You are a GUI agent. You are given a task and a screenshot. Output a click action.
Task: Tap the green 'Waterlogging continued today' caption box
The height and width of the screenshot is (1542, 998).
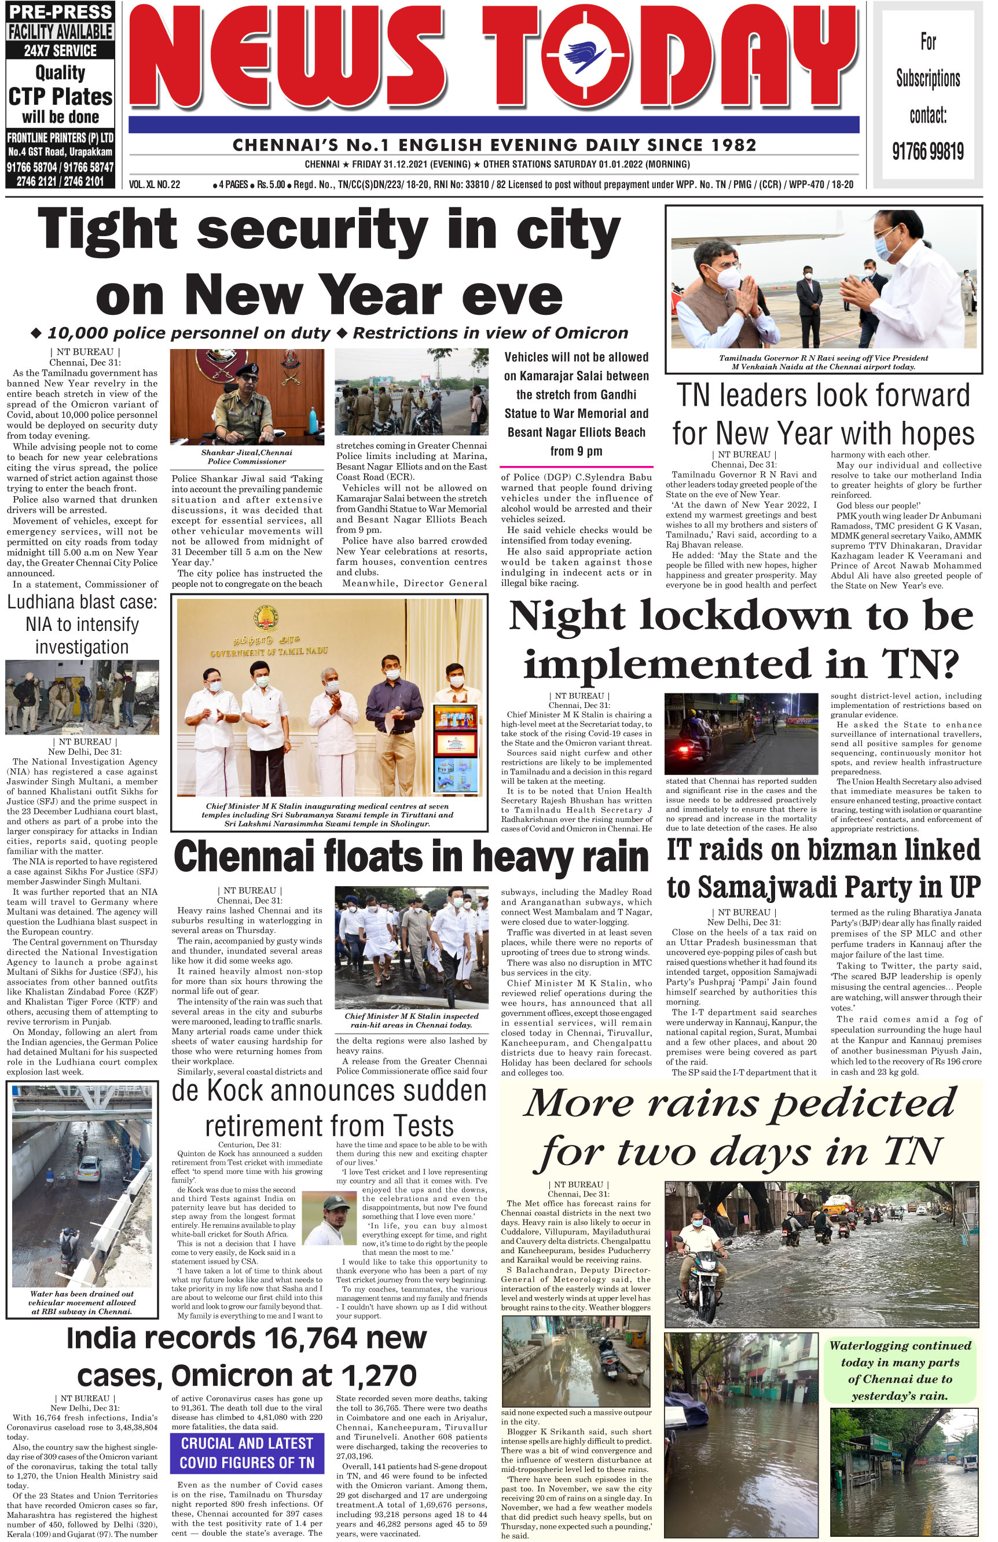(900, 1370)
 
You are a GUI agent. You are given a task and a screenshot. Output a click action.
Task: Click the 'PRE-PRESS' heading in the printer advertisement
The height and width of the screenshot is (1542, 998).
(60, 12)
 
